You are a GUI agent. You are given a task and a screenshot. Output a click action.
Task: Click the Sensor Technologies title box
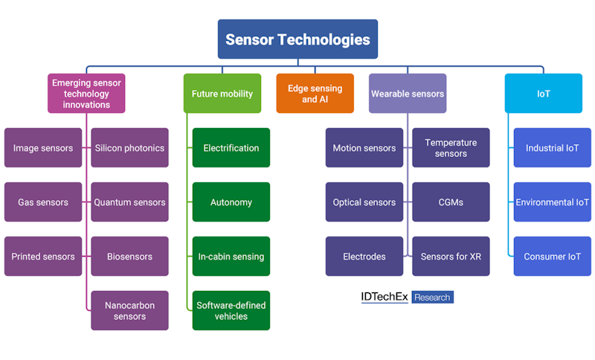click(297, 39)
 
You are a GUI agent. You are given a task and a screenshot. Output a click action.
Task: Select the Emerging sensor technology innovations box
click(86, 94)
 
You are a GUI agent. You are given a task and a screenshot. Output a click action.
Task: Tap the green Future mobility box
click(222, 94)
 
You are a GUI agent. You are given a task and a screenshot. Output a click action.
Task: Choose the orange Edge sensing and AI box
click(315, 94)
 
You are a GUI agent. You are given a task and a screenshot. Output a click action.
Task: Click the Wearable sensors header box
click(408, 94)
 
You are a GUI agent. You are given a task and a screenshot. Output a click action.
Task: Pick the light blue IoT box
click(543, 94)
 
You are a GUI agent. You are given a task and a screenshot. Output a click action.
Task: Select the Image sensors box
click(43, 148)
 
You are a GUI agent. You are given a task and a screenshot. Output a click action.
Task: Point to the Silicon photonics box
click(129, 148)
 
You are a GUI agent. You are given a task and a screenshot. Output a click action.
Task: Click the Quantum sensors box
click(129, 202)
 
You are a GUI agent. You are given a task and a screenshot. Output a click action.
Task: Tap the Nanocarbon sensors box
click(129, 311)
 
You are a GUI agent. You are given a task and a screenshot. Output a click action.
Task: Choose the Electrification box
click(231, 148)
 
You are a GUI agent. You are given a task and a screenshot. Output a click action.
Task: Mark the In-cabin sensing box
click(231, 257)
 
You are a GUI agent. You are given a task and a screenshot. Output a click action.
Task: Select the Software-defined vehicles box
click(231, 311)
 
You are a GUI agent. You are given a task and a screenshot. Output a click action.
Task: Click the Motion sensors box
click(364, 148)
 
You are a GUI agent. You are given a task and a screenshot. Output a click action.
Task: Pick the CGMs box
click(451, 202)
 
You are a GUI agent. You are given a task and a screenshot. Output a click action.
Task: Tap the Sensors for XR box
click(451, 257)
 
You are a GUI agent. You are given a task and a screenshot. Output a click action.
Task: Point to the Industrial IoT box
click(552, 148)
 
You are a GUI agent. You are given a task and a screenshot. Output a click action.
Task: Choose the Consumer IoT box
click(552, 257)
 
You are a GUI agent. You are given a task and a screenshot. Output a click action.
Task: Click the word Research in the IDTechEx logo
click(432, 298)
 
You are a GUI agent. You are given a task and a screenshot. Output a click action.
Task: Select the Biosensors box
click(129, 257)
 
